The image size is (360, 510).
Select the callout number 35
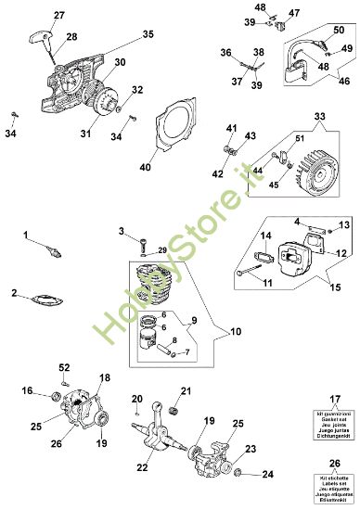pos(147,34)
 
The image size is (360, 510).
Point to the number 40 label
pos(145,167)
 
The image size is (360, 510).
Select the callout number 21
pos(186,389)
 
